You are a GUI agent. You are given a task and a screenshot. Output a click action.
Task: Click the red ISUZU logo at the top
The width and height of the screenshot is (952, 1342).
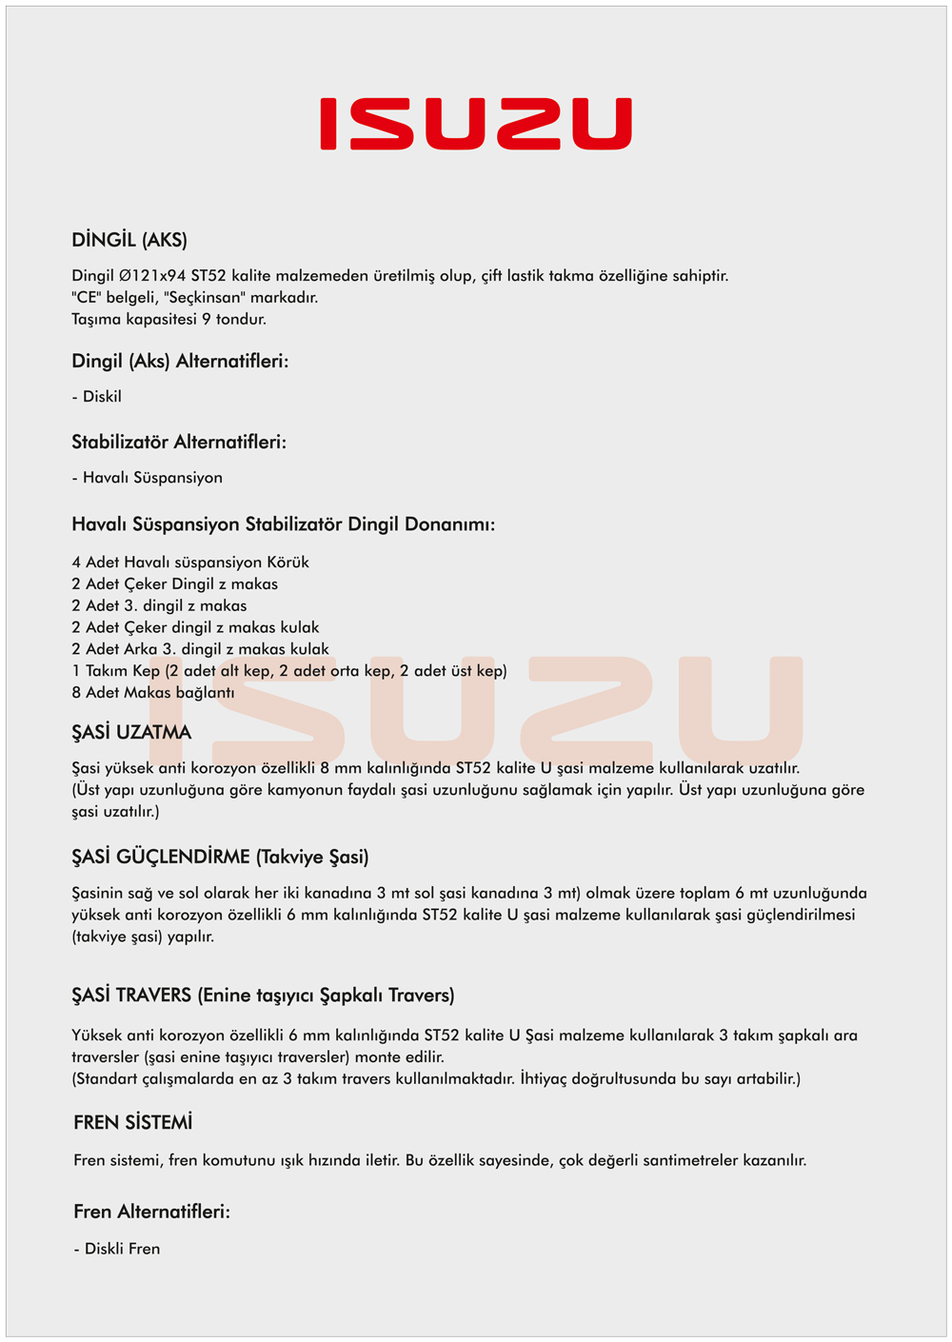[476, 124]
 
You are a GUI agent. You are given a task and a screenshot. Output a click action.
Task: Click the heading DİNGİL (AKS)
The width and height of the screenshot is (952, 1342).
[129, 240]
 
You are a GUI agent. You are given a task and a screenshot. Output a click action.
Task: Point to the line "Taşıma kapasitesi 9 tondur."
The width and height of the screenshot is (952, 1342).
[169, 320]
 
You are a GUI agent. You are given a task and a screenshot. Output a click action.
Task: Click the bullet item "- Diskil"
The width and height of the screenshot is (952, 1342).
[97, 397]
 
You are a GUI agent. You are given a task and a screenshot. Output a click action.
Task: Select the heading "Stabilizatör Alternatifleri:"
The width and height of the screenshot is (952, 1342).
[179, 443]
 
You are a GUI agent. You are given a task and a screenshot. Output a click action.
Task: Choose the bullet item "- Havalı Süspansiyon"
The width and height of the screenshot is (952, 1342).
[148, 478]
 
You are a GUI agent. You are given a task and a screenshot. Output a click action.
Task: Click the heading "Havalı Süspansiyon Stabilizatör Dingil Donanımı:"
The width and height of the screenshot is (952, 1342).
[283, 524]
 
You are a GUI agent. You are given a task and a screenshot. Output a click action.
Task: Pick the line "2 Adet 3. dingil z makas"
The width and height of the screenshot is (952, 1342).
[159, 606]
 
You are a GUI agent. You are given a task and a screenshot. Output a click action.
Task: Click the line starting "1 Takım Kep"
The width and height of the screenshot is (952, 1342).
[288, 671]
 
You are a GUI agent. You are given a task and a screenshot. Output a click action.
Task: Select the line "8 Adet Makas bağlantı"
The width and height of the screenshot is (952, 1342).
[152, 693]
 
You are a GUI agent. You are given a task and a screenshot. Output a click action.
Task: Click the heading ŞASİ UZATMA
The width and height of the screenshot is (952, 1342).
[131, 733]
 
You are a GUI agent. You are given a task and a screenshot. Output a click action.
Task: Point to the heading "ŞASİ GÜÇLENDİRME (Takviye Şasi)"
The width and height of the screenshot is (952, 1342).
[220, 858]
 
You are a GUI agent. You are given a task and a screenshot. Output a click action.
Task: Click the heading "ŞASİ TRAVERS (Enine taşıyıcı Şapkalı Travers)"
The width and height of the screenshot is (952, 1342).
[263, 996]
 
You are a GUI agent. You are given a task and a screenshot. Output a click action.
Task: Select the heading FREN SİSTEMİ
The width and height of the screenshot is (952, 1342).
[133, 1123]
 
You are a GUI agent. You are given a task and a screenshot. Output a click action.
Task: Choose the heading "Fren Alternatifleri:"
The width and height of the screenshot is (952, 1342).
[152, 1213]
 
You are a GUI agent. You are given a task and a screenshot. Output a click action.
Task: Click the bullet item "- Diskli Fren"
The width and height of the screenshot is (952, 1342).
[117, 1249]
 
